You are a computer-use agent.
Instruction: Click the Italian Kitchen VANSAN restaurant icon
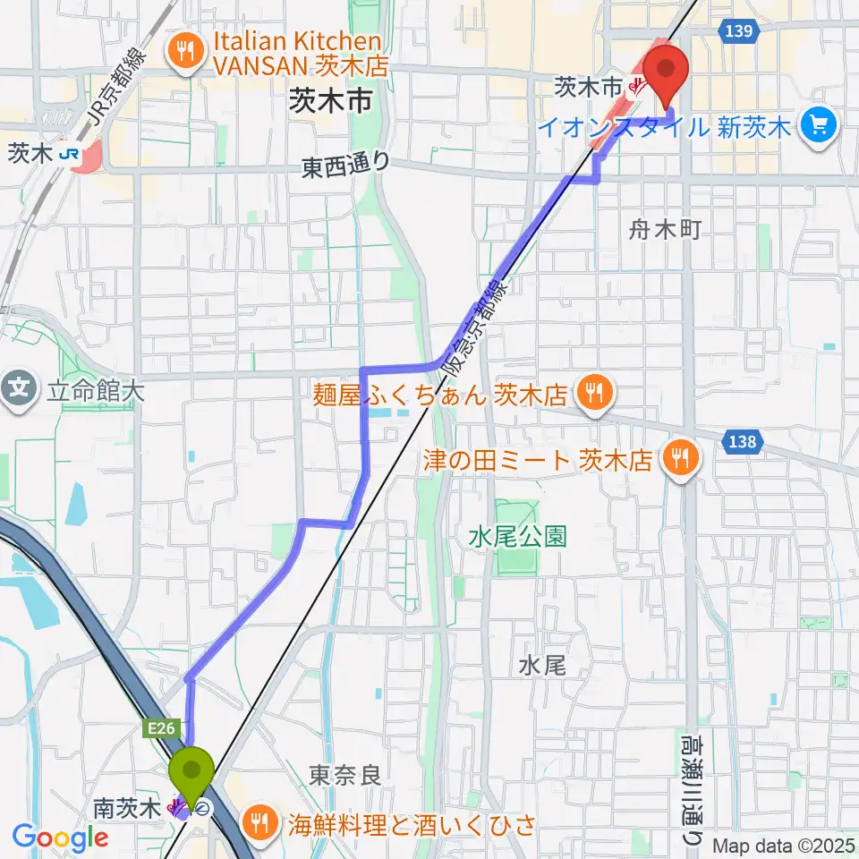(186, 50)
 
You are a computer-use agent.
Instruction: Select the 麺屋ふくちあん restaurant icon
(591, 390)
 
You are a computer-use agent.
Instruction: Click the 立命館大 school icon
(19, 389)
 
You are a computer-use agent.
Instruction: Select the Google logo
(60, 838)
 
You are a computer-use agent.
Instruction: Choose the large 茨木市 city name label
(330, 101)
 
